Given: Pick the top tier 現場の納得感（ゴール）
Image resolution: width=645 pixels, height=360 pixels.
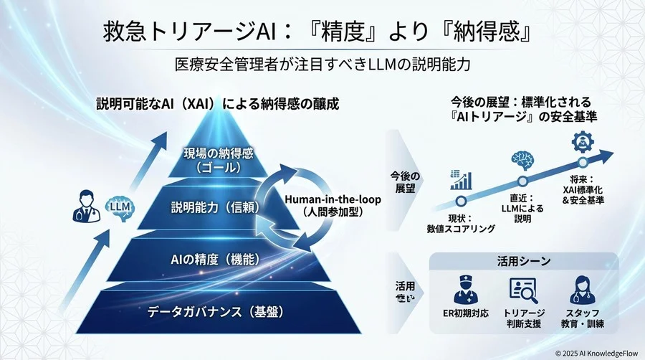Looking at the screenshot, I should [x=219, y=158].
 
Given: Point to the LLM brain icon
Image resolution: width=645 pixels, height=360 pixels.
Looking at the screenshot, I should [x=119, y=207].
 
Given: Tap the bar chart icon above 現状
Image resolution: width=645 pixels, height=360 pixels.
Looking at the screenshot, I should [x=459, y=180].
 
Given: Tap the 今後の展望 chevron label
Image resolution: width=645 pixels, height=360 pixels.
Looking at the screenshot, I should [x=406, y=182].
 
